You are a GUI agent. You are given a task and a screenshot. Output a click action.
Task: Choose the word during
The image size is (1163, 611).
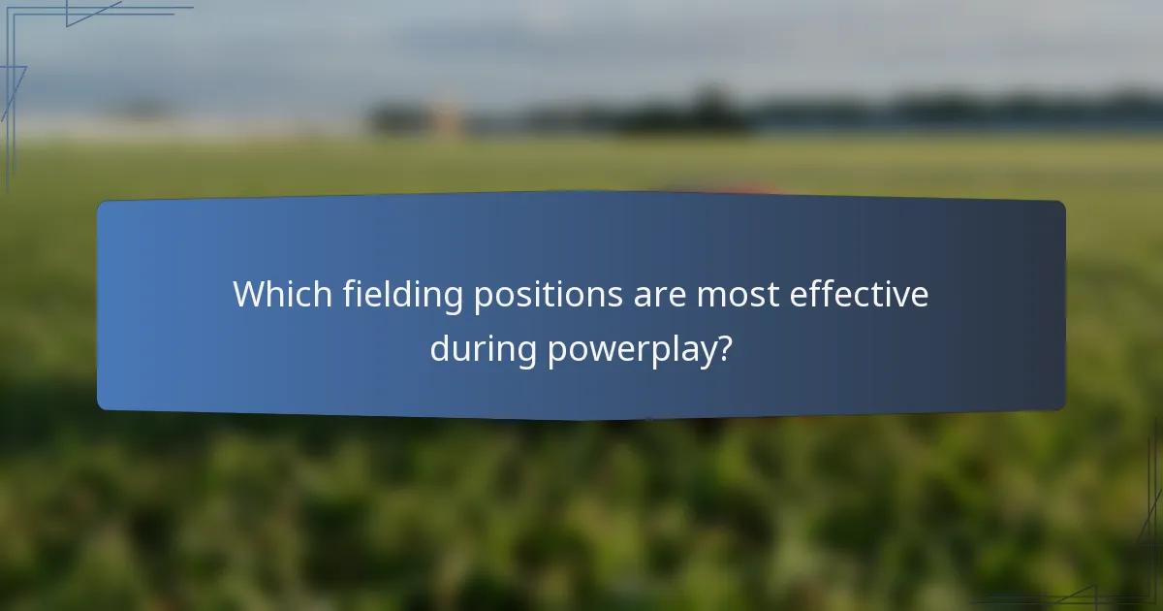(483, 349)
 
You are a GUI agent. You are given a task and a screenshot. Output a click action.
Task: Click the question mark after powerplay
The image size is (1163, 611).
(723, 348)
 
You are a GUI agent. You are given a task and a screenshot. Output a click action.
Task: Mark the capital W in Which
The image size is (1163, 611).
(251, 295)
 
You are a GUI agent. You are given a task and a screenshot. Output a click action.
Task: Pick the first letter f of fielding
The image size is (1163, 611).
(349, 294)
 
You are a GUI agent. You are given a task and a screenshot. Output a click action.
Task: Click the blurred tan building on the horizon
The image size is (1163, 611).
(446, 118)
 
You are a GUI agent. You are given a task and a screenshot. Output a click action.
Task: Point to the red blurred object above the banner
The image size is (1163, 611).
(722, 187)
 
